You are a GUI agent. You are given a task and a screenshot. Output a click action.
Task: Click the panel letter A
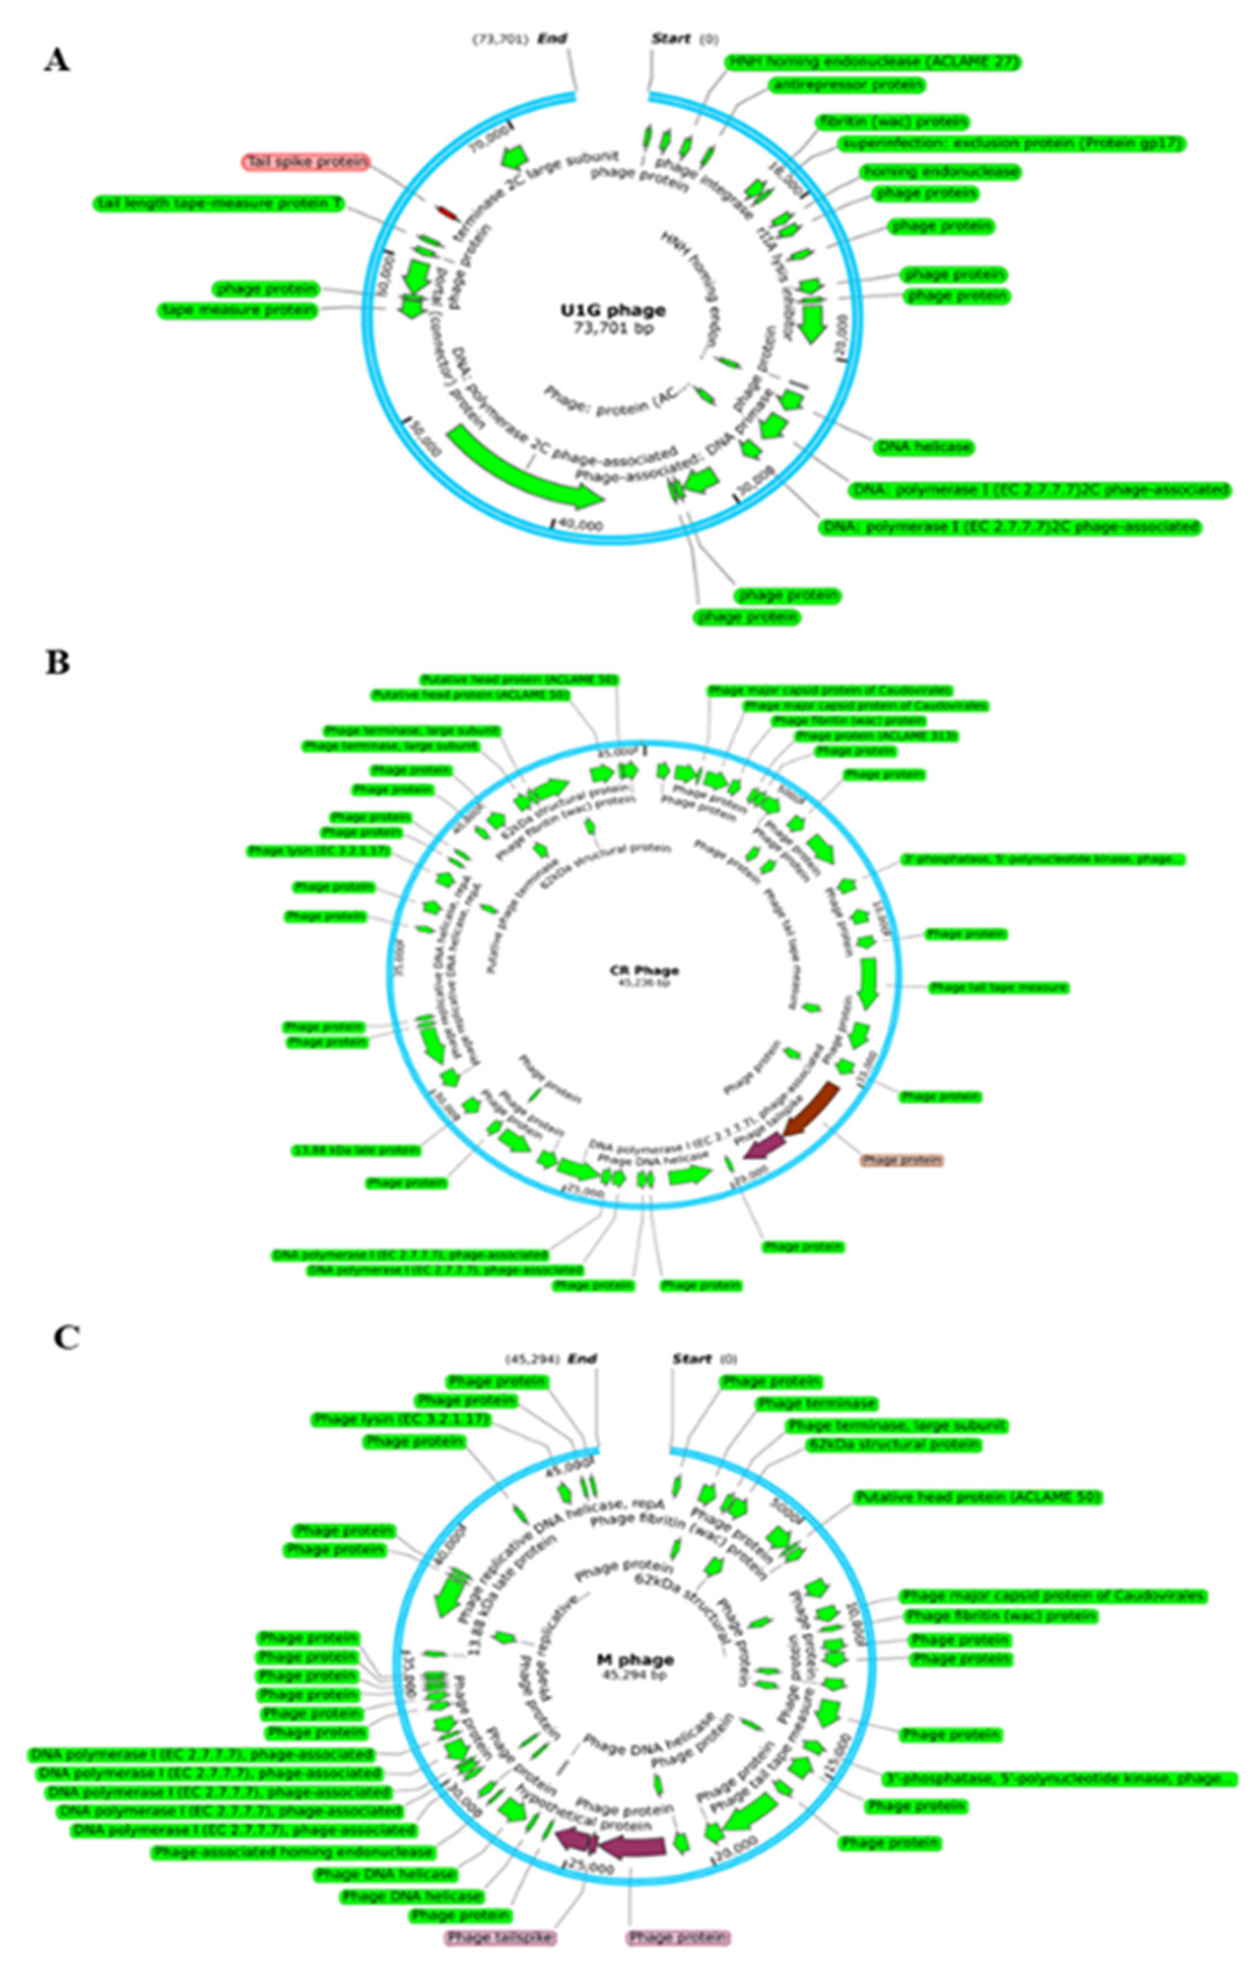point(56,60)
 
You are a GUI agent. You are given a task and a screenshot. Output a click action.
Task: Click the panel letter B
point(56,662)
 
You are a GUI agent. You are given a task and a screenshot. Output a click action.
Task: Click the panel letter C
point(66,1338)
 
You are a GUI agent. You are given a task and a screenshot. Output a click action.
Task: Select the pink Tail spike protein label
point(306,162)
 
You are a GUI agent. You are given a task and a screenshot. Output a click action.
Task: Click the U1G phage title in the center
point(612,311)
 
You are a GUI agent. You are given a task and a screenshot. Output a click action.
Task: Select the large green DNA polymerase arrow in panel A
point(524,470)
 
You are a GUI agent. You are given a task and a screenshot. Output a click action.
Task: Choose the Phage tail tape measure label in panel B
point(998,988)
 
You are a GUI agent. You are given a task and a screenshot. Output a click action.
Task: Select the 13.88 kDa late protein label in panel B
point(357,1150)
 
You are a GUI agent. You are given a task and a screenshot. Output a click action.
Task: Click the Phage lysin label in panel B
point(318,851)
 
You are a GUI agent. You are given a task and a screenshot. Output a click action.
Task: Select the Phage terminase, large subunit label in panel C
point(896,1425)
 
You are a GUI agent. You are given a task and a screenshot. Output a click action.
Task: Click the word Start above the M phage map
point(692,1360)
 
